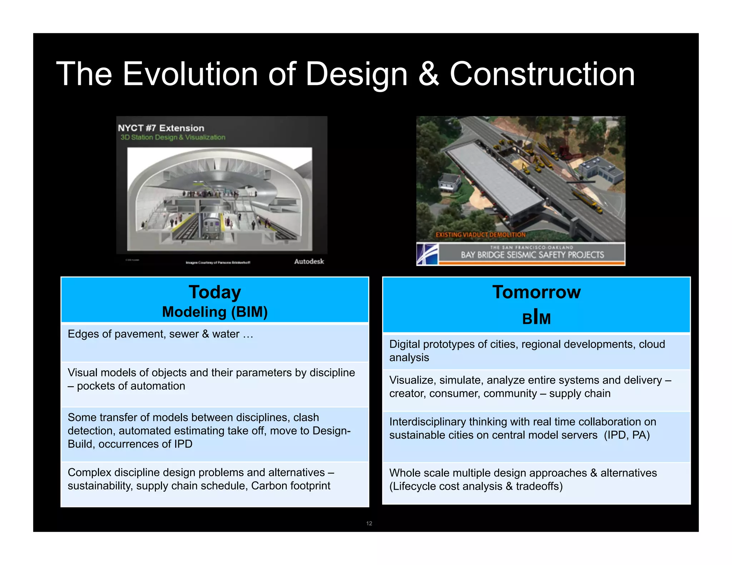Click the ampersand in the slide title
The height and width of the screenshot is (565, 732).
click(x=428, y=74)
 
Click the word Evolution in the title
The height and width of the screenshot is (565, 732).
click(x=190, y=74)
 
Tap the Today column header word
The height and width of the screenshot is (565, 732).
click(x=215, y=292)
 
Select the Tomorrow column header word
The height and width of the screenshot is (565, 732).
click(x=536, y=292)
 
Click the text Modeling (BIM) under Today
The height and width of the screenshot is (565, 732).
click(x=215, y=312)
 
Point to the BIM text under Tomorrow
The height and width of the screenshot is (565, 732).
click(x=536, y=318)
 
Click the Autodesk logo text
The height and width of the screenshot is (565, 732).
click(x=309, y=261)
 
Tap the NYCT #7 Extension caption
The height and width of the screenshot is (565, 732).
click(x=161, y=128)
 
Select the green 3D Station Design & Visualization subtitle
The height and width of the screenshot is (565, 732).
click(x=173, y=137)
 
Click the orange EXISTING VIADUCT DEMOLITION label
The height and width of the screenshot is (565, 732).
click(x=480, y=235)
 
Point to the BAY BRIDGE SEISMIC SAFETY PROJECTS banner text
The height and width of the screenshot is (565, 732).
click(x=532, y=255)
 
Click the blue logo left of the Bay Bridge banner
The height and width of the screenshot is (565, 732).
click(x=427, y=254)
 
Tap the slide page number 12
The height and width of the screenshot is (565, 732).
click(x=369, y=523)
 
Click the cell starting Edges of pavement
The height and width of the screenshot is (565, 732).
click(x=160, y=334)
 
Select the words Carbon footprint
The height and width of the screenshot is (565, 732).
click(x=291, y=486)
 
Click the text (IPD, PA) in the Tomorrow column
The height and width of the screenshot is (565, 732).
click(x=627, y=435)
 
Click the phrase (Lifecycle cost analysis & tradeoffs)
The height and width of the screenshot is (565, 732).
click(x=476, y=486)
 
